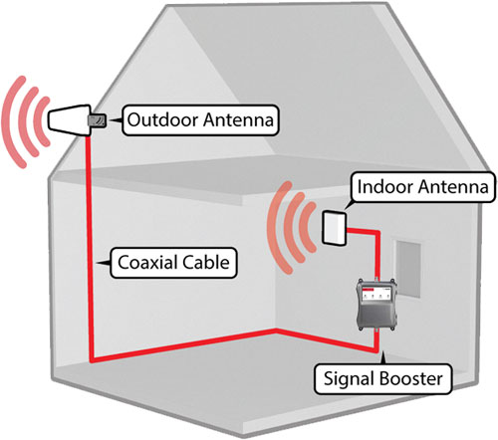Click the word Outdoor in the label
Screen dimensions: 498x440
click(x=163, y=119)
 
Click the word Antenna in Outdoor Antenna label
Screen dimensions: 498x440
click(x=239, y=119)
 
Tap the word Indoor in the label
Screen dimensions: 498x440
click(x=384, y=186)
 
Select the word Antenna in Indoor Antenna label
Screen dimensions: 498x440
click(x=453, y=186)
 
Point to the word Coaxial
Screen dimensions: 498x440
click(x=146, y=262)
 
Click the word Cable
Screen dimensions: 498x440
click(x=205, y=262)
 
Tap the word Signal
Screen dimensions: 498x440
click(x=350, y=379)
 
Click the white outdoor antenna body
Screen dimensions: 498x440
click(x=70, y=120)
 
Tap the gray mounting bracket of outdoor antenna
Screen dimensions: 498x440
click(x=97, y=120)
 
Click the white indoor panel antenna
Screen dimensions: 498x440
click(x=335, y=228)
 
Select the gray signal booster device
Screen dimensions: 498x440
click(x=376, y=305)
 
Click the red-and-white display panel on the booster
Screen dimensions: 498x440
click(x=376, y=294)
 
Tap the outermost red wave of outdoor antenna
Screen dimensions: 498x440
click(x=13, y=121)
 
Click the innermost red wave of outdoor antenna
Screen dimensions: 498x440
click(x=43, y=121)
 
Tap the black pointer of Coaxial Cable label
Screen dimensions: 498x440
click(x=104, y=263)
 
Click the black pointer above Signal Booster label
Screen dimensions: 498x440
click(x=383, y=358)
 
